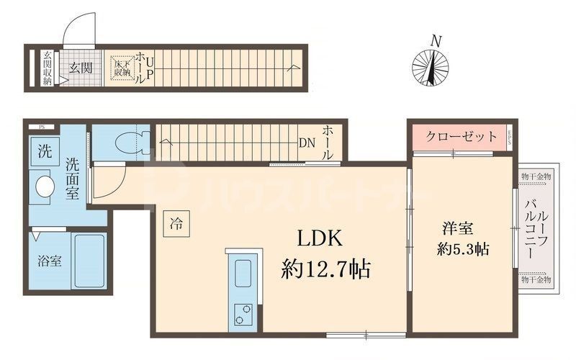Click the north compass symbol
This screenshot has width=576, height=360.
(x=430, y=68)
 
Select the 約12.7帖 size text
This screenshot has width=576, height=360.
(x=325, y=270)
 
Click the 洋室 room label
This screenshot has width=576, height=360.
(x=456, y=229)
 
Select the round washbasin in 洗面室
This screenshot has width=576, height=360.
(x=45, y=186)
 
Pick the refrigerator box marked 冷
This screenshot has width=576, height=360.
(x=176, y=222)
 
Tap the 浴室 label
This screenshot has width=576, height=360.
(x=49, y=261)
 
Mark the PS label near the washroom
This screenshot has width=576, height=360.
(x=41, y=127)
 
